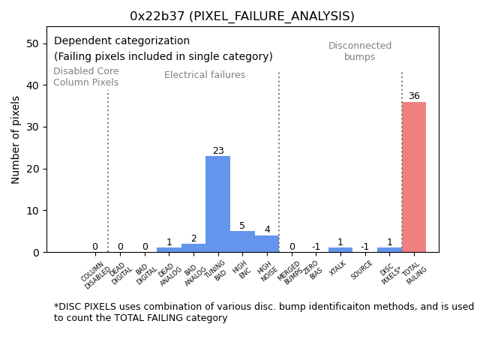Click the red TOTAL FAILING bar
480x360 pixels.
click(413, 177)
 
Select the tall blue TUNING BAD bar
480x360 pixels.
click(217, 204)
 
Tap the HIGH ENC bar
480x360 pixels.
click(242, 241)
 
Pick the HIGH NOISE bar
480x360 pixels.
click(266, 244)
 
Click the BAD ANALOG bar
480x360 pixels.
click(193, 248)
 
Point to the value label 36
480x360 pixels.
click(414, 96)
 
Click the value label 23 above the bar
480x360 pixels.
click(218, 151)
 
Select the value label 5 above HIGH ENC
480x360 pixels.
click(242, 226)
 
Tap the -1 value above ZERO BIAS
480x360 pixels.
click(316, 247)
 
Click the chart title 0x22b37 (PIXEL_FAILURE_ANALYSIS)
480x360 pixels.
click(242, 16)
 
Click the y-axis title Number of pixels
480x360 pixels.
click(16, 139)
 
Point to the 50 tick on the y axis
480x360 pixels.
click(33, 43)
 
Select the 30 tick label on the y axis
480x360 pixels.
click(33, 127)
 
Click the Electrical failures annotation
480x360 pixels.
click(205, 75)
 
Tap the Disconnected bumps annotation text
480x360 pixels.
click(360, 51)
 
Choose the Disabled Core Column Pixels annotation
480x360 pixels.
click(85, 76)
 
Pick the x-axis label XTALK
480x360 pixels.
click(339, 268)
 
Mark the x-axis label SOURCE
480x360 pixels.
click(362, 269)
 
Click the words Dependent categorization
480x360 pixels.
click(121, 41)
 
